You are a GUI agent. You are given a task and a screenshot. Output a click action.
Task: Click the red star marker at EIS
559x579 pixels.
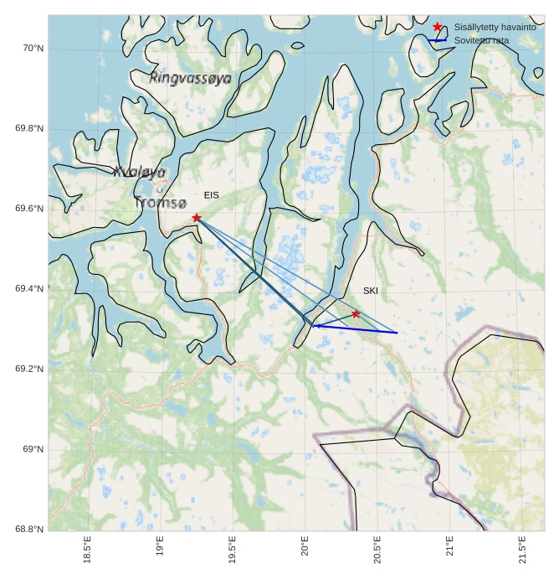pyautogui.click(x=197, y=218)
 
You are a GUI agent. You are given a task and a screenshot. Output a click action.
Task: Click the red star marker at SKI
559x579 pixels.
pyautogui.click(x=356, y=313)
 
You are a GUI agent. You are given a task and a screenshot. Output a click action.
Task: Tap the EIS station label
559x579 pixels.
pyautogui.click(x=211, y=195)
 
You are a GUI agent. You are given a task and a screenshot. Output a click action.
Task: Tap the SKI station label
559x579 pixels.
pyautogui.click(x=371, y=291)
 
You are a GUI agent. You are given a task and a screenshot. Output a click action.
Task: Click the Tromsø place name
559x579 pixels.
pyautogui.click(x=160, y=203)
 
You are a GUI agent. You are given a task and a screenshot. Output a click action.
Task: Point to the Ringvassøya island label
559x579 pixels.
pyautogui.click(x=190, y=78)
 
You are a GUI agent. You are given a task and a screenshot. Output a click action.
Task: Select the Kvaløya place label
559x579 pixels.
pyautogui.click(x=139, y=172)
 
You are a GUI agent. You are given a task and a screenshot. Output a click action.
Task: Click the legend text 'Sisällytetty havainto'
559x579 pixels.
pyautogui.click(x=495, y=27)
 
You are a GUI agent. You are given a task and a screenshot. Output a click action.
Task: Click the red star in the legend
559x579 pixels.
pyautogui.click(x=438, y=27)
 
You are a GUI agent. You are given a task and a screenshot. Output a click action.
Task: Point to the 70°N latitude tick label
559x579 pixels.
pyautogui.click(x=33, y=49)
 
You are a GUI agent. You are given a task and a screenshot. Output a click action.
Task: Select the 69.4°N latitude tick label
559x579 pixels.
pyautogui.click(x=29, y=289)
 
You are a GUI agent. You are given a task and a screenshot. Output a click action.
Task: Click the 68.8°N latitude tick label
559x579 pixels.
pyautogui.click(x=29, y=530)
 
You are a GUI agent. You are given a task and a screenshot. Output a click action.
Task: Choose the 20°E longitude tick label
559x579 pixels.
pyautogui.click(x=305, y=550)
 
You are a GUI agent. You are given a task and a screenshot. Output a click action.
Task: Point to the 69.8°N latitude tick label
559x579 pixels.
pyautogui.click(x=29, y=129)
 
